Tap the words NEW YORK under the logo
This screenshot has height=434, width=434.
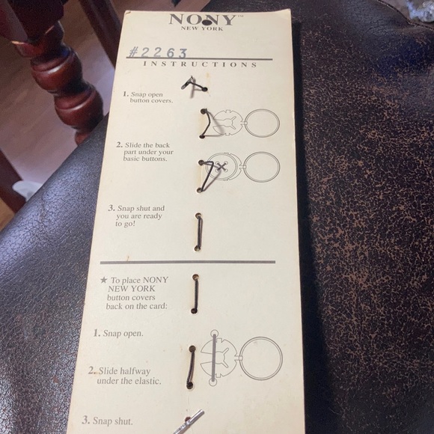coord(202,28)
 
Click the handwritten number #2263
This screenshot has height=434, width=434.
coord(158,52)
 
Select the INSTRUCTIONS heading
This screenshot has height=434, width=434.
coord(200,64)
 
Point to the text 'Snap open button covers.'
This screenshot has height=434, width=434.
coord(148,97)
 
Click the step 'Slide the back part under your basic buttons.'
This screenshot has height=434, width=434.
coord(144,152)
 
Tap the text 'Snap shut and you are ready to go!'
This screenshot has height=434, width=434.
coord(136,216)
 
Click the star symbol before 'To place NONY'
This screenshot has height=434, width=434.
coord(104,280)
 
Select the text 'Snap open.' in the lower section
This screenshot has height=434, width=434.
coord(118,333)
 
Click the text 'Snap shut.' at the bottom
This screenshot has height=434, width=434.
coord(107,421)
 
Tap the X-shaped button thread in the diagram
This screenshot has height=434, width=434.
coord(221,167)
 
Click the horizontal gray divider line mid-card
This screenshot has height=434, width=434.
coord(188,262)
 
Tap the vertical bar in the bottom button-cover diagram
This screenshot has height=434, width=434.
coord(214,358)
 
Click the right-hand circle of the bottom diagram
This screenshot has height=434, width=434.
coord(260,358)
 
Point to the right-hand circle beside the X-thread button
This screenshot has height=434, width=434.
coord(263,167)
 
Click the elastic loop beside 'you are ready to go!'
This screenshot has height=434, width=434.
coord(198,232)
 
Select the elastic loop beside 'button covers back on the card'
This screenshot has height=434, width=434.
coord(195,294)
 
